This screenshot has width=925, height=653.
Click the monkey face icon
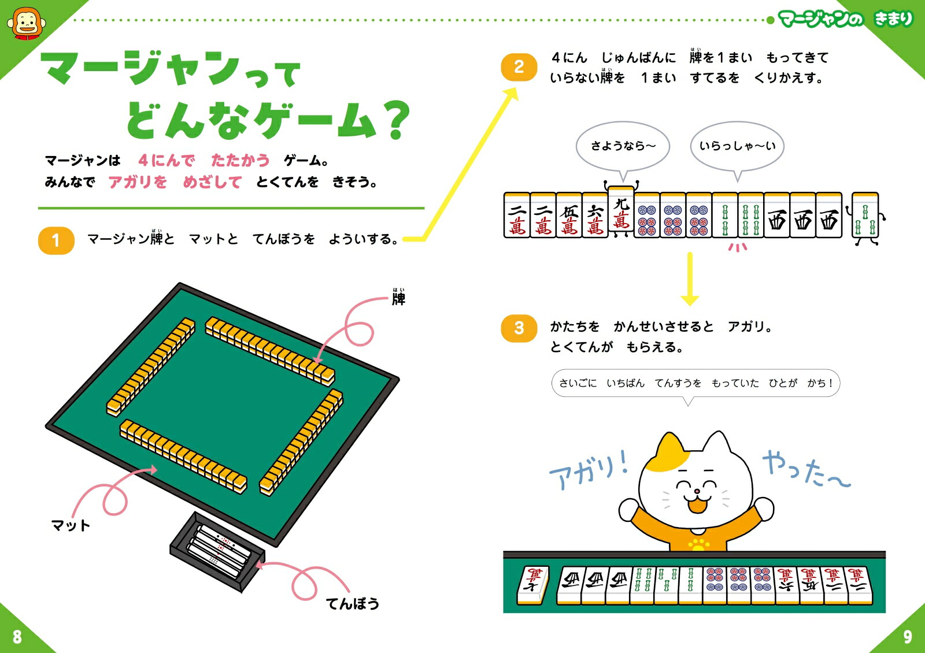[x=26, y=24]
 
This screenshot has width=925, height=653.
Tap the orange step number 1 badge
[x=56, y=240]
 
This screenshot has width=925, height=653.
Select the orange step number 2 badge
[x=519, y=67]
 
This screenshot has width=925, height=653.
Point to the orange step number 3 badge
[x=519, y=329]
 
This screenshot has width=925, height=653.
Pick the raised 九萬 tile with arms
[x=621, y=209]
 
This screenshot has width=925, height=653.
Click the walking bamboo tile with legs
[x=865, y=218]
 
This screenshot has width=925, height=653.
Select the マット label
[x=70, y=525]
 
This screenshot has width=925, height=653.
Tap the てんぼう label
[x=353, y=604]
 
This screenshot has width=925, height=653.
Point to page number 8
[x=17, y=637]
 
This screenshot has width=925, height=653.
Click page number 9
[x=908, y=637]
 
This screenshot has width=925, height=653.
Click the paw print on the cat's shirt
[x=698, y=544]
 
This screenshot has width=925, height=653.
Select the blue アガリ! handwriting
[x=589, y=470]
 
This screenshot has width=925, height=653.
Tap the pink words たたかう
[x=240, y=160]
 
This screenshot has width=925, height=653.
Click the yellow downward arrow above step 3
[x=690, y=279]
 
